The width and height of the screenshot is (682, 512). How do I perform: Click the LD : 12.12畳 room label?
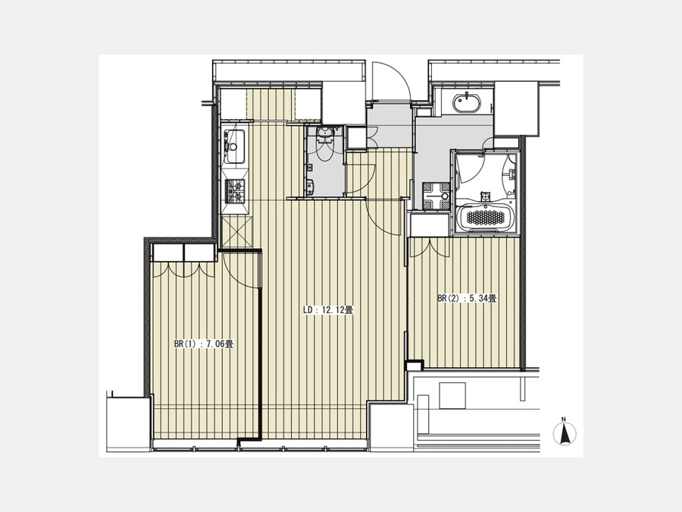(328, 310)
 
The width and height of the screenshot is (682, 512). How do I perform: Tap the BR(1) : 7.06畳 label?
(204, 344)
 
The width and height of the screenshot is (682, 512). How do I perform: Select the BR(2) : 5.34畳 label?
(467, 299)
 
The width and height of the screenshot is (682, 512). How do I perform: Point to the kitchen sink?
(234, 146)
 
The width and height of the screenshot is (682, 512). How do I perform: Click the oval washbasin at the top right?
(468, 104)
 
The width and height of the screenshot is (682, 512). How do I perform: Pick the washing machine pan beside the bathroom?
(436, 196)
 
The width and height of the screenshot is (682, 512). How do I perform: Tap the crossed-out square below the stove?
(236, 231)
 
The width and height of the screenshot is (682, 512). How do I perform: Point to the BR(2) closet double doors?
(430, 247)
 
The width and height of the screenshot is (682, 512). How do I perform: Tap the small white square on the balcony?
(452, 395)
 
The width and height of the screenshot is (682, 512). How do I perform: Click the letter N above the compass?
(564, 419)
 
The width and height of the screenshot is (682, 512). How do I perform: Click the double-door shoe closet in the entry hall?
(358, 137)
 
